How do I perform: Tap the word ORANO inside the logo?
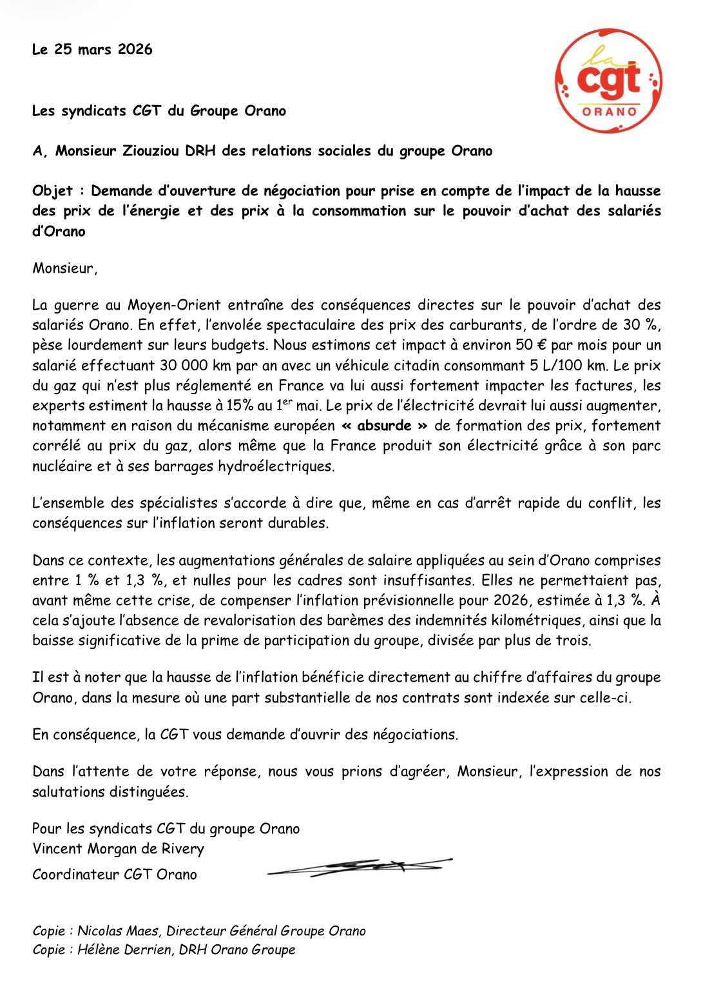click(x=609, y=112)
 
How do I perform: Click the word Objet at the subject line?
click(x=53, y=191)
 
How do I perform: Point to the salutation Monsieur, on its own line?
click(x=65, y=268)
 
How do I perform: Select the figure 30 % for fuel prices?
click(x=640, y=324)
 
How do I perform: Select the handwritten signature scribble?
click(x=360, y=867)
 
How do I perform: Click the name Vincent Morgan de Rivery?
click(x=118, y=848)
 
